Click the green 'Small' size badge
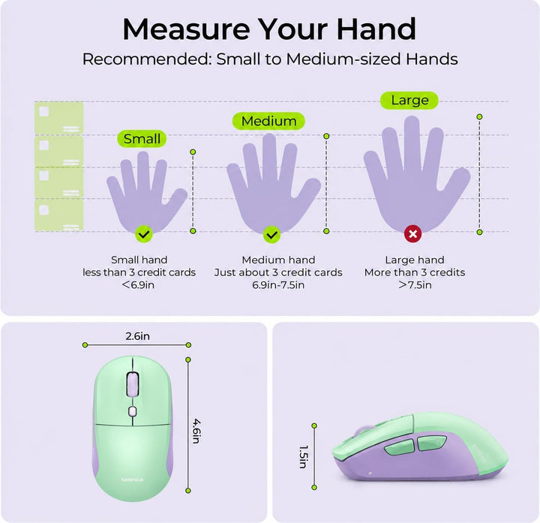pyautogui.click(x=142, y=139)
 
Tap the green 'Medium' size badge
pyautogui.click(x=268, y=121)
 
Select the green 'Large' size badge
pyautogui.click(x=409, y=101)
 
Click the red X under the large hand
pyautogui.click(x=413, y=234)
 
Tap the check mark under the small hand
pyautogui.click(x=144, y=234)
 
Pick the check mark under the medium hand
pyautogui.click(x=272, y=235)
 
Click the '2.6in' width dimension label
pyautogui.click(x=137, y=336)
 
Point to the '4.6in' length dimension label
pyautogui.click(x=196, y=431)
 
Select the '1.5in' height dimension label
pyautogui.click(x=304, y=457)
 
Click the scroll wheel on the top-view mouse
pyautogui.click(x=133, y=384)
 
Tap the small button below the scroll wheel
pyautogui.click(x=133, y=411)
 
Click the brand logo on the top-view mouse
pyautogui.click(x=132, y=479)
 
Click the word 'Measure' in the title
pyautogui.click(x=186, y=29)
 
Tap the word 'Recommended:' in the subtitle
pyautogui.click(x=147, y=59)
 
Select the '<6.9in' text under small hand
pyautogui.click(x=139, y=285)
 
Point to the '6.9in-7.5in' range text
pyautogui.click(x=278, y=285)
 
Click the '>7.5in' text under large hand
pyautogui.click(x=415, y=285)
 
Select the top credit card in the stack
pyautogui.click(x=59, y=118)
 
